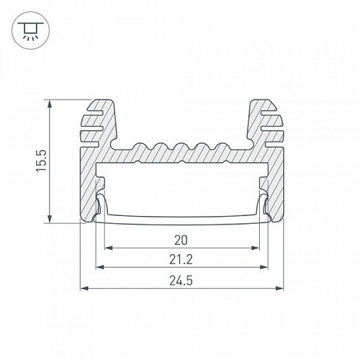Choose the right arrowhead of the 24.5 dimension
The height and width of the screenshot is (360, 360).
click(x=280, y=287)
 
